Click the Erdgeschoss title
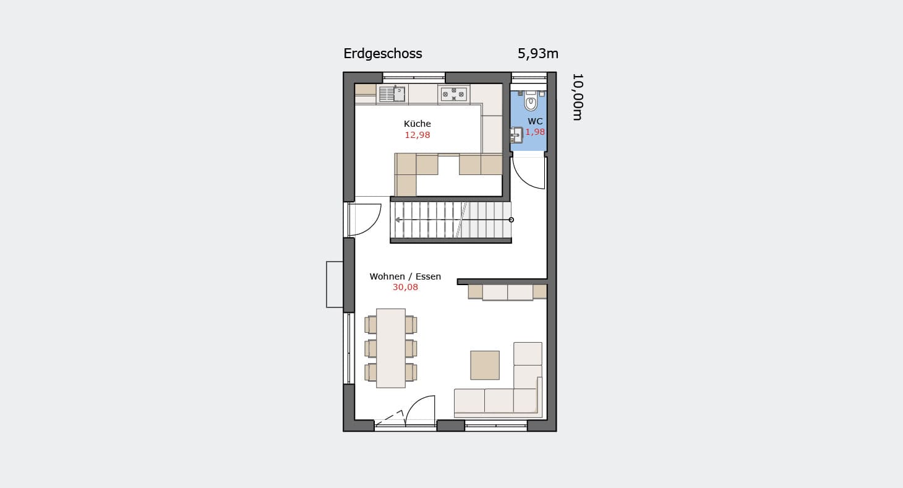click(383, 54)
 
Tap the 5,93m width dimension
click(537, 53)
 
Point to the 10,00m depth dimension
click(577, 97)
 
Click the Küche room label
click(417, 124)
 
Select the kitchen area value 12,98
click(417, 135)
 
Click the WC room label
click(535, 121)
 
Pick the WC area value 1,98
click(535, 132)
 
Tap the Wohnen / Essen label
click(405, 276)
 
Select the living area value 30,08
click(405, 287)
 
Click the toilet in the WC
click(531, 101)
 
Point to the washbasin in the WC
click(516, 135)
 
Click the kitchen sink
click(392, 94)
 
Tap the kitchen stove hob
click(453, 94)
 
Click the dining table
click(391, 348)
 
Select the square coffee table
click(484, 365)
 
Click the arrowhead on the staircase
click(398, 220)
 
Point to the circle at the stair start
click(511, 220)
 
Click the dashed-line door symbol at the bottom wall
click(390, 417)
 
